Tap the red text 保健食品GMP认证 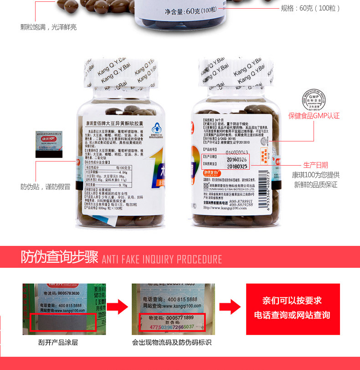[x=314, y=116]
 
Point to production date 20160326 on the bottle [x=237, y=159]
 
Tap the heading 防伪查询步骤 [x=59, y=257]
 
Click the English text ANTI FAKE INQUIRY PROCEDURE [x=162, y=259]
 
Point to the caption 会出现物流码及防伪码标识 [x=172, y=342]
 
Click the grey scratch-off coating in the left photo [x=62, y=322]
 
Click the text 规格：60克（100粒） [x=310, y=9]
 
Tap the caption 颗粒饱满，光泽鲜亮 [x=48, y=27]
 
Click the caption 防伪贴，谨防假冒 [x=46, y=187]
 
